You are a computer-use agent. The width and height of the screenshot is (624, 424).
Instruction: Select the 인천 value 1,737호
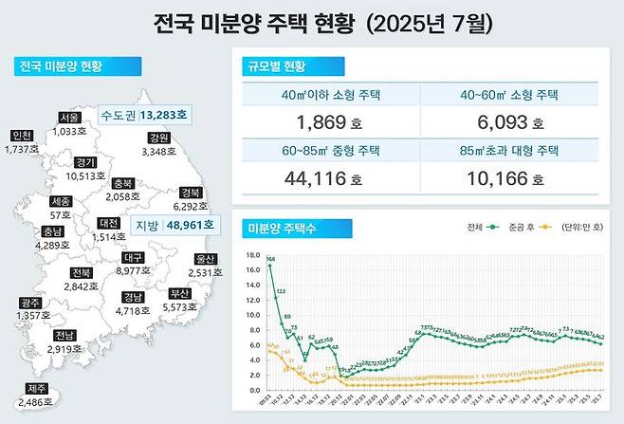(x=21, y=149)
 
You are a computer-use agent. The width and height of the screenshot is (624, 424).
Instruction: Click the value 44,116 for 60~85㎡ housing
(x=315, y=177)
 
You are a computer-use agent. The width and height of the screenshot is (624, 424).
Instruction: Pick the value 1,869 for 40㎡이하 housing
(x=315, y=121)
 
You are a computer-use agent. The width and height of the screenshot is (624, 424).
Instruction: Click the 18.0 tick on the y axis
(x=252, y=255)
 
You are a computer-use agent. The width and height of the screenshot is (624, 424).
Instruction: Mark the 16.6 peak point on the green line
(x=269, y=266)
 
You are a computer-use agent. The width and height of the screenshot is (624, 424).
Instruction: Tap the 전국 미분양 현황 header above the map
(x=60, y=67)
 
